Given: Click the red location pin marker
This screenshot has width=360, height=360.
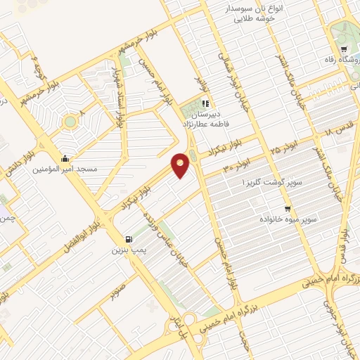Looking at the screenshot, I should [181, 165].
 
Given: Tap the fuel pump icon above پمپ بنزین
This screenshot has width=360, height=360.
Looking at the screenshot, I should [127, 239].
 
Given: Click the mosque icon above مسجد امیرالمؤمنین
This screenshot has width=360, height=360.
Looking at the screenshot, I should [65, 158].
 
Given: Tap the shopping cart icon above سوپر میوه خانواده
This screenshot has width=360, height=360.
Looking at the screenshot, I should [287, 209].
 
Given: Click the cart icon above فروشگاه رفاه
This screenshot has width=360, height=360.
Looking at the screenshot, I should [344, 49].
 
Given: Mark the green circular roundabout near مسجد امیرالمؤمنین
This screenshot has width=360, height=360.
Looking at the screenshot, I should [70, 122].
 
